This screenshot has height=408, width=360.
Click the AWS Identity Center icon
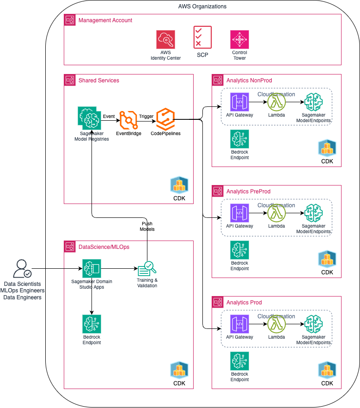click(165, 39)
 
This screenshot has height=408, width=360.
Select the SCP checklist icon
click(202, 37)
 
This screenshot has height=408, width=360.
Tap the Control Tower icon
click(239, 39)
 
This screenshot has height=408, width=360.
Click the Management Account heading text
click(105, 20)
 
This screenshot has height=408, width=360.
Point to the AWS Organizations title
click(202, 6)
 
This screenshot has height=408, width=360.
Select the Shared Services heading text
click(98, 80)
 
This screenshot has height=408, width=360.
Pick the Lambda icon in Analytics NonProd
click(276, 102)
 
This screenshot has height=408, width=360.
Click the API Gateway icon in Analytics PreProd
click(239, 213)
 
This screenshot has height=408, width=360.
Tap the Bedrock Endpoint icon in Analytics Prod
click(239, 361)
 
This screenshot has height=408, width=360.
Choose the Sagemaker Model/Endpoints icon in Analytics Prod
click(313, 324)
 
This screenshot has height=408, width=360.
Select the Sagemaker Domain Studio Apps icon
click(92, 268)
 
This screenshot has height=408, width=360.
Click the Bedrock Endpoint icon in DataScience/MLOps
click(92, 324)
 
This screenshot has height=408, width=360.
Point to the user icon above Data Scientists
click(22, 269)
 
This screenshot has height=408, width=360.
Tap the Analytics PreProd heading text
click(248, 192)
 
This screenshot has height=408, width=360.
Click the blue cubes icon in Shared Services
click(179, 185)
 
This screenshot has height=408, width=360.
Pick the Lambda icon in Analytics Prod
click(276, 324)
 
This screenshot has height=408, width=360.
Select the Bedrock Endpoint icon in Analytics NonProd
click(239, 139)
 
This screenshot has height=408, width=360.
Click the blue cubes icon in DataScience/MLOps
click(179, 370)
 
